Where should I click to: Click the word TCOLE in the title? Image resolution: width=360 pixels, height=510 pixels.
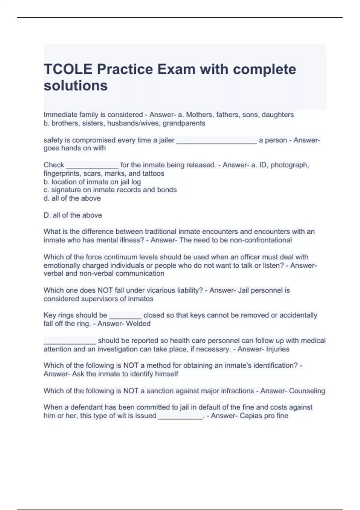pyautogui.click(x=68, y=69)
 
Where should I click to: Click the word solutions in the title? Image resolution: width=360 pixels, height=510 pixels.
pyautogui.click(x=76, y=86)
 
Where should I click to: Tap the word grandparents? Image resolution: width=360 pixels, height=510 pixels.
pyautogui.click(x=184, y=123)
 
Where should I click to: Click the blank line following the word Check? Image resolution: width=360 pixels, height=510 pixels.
pyautogui.click(x=92, y=166)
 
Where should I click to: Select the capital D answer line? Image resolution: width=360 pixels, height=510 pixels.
pyautogui.click(x=73, y=215)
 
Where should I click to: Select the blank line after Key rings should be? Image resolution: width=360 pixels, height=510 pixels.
pyautogui.click(x=125, y=316)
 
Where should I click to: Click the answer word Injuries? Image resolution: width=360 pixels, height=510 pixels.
pyautogui.click(x=277, y=349)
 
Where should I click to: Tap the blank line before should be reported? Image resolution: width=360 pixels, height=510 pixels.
pyautogui.click(x=70, y=341)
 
